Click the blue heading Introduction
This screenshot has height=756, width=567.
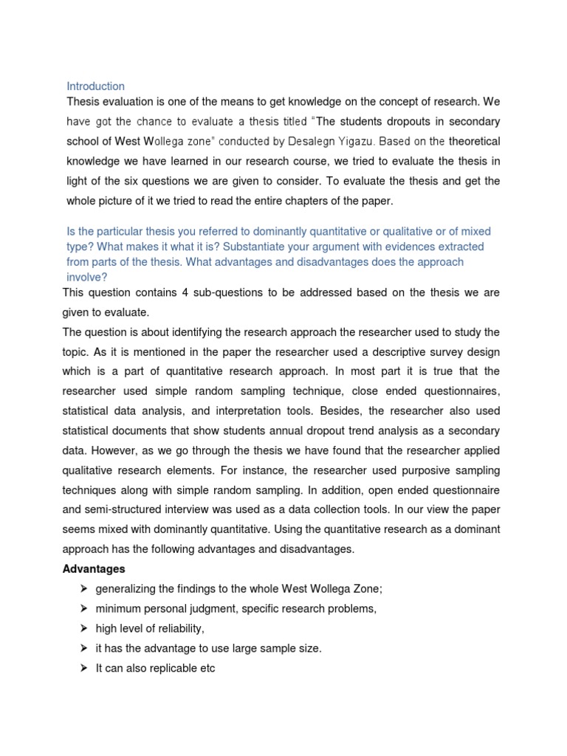point(95,86)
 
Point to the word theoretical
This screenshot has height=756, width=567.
point(474,141)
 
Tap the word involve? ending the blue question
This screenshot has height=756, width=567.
point(87,278)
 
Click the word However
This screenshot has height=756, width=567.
point(116,450)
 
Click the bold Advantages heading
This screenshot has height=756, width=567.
point(94,569)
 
